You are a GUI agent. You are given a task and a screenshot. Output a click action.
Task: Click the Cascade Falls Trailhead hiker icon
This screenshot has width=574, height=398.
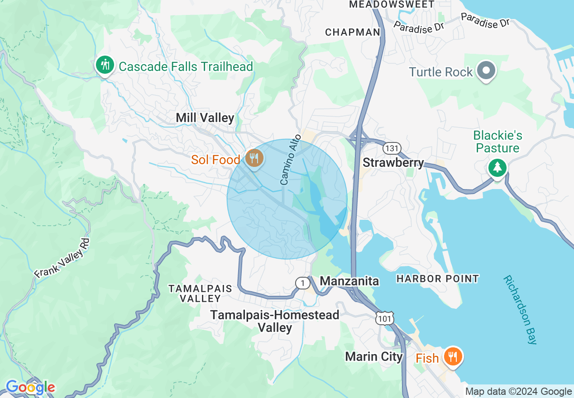pyautogui.click(x=105, y=65)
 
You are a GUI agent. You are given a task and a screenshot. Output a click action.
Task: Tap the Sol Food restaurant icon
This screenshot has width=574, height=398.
pyautogui.click(x=254, y=158)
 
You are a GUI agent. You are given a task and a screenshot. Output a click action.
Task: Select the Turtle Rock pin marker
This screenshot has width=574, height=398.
pyautogui.click(x=487, y=71)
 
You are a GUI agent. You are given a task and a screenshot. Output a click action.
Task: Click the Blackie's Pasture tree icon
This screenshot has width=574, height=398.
pyautogui.click(x=497, y=167)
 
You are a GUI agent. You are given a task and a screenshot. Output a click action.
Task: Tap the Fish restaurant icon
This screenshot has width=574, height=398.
pyautogui.click(x=452, y=357)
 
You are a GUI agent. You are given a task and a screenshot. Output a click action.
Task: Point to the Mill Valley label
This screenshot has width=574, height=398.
pyautogui.click(x=205, y=118)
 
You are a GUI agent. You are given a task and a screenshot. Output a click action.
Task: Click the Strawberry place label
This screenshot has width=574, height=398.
pyautogui.click(x=393, y=163)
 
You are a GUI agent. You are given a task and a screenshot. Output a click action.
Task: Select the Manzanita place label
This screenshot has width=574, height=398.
pyautogui.click(x=349, y=281)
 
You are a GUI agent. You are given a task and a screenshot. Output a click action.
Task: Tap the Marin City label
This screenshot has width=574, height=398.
pyautogui.click(x=373, y=356)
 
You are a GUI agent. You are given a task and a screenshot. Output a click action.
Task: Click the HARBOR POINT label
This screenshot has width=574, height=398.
pyautogui.click(x=437, y=279)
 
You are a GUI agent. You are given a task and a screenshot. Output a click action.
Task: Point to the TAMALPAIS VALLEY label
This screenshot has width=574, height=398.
pyautogui.click(x=200, y=294)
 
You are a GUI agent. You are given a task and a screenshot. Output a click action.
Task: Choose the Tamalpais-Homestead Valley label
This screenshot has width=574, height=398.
pyautogui.click(x=275, y=321)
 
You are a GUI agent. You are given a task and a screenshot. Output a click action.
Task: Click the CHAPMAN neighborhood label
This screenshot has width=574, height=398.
pyautogui.click(x=353, y=32)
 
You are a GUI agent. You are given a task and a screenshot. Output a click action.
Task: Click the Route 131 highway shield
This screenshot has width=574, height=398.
pyautogui.click(x=390, y=148)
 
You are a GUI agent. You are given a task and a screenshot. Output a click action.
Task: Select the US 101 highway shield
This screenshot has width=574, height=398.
pyautogui.click(x=384, y=317)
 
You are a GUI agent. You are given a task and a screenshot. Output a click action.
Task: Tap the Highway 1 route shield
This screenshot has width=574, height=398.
pyautogui.click(x=302, y=283)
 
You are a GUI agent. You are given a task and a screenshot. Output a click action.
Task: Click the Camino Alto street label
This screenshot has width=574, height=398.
pyautogui.click(x=291, y=159)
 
